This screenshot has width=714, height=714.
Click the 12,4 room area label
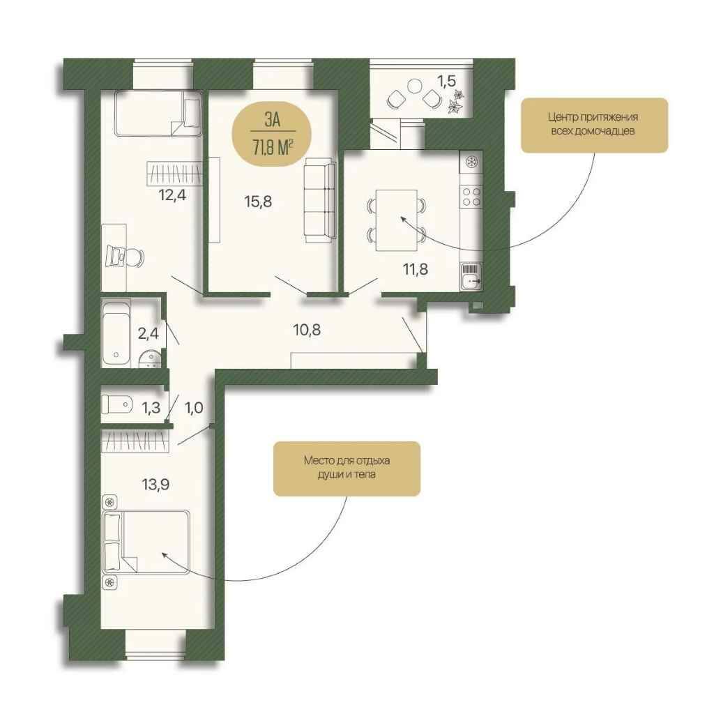pyautogui.click(x=173, y=195)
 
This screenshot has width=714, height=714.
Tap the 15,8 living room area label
pyautogui.click(x=258, y=201)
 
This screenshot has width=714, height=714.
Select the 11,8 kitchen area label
pyautogui.click(x=416, y=269)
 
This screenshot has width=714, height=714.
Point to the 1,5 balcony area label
pyautogui.click(x=446, y=81)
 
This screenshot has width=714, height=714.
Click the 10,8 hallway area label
pyautogui.click(x=307, y=330)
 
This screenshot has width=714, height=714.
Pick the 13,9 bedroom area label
pyautogui.click(x=155, y=485)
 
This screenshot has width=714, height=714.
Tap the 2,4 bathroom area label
pyautogui.click(x=148, y=334)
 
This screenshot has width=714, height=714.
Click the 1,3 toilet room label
pyautogui.click(x=151, y=407)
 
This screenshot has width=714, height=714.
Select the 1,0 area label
pyautogui.click(x=194, y=407)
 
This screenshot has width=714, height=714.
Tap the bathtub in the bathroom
pyautogui.click(x=116, y=332)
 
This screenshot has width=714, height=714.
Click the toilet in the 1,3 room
pyautogui.click(x=116, y=404)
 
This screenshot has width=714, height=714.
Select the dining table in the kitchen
pyautogui.click(x=397, y=220)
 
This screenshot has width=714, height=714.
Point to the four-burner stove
pyautogui.click(x=471, y=196)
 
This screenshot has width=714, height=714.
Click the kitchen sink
pyautogui.click(x=471, y=276)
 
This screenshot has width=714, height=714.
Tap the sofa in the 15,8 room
pyautogui.click(x=320, y=199)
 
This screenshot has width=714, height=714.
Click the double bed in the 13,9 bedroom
pyautogui.click(x=146, y=542)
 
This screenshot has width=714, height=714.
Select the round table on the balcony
pyautogui.click(x=415, y=86)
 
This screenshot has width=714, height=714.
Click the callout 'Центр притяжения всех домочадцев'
pyautogui.click(x=594, y=125)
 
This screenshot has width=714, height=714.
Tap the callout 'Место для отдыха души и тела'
pyautogui.click(x=347, y=469)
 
